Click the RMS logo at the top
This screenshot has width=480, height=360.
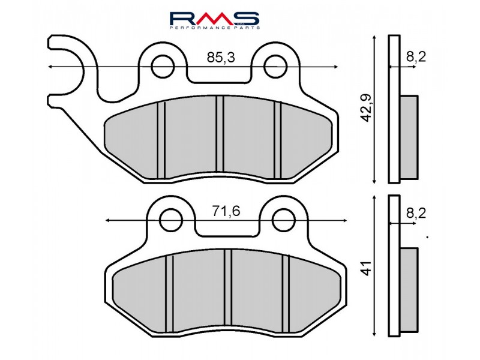[x=214, y=17]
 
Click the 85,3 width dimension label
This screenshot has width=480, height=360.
[x=220, y=58]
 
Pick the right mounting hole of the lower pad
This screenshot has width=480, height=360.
[x=283, y=220]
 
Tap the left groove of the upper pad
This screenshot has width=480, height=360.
[x=161, y=139]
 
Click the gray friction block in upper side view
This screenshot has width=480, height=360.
[x=409, y=137]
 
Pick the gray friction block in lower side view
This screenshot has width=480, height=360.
[x=409, y=290]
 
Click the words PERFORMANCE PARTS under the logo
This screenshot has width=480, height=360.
[x=214, y=28]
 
